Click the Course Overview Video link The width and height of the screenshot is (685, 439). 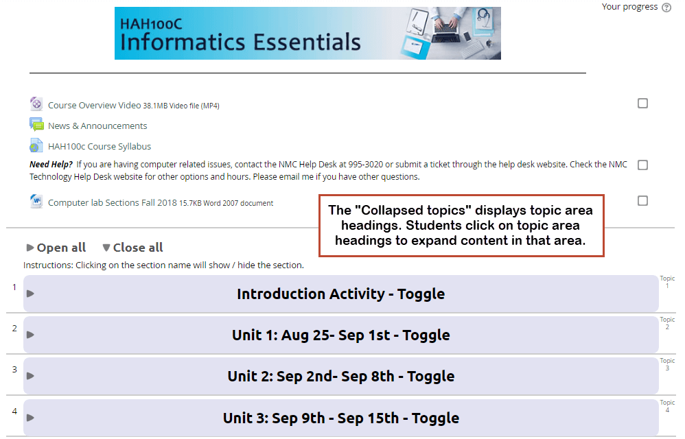pyautogui.click(x=94, y=105)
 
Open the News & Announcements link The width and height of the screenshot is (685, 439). pyautogui.click(x=97, y=126)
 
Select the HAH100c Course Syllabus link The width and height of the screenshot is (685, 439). pyautogui.click(x=100, y=146)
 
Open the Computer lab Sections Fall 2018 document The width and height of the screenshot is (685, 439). pyautogui.click(x=113, y=202)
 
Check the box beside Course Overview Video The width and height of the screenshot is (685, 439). pyautogui.click(x=642, y=104)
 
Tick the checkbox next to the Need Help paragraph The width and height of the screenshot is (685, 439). pyautogui.click(x=642, y=165)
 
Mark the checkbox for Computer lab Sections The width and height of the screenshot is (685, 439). pyautogui.click(x=642, y=201)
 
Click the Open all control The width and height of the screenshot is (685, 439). pyautogui.click(x=56, y=248)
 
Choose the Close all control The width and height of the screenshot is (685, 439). pyautogui.click(x=132, y=248)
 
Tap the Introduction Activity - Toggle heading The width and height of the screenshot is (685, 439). pyautogui.click(x=340, y=294)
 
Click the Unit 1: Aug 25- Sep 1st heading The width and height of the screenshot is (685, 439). pyautogui.click(x=340, y=335)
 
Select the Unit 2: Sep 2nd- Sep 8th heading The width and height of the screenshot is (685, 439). pyautogui.click(x=340, y=376)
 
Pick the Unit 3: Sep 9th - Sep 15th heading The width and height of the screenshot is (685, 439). pyautogui.click(x=340, y=418)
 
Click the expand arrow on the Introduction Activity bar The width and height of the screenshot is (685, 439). pyautogui.click(x=30, y=294)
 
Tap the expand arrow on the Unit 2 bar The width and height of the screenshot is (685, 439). pyautogui.click(x=30, y=376)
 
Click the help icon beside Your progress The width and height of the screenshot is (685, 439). pyautogui.click(x=666, y=8)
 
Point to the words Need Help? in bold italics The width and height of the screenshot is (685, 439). pyautogui.click(x=51, y=165)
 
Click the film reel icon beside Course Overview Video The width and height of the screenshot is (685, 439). pyautogui.click(x=36, y=104)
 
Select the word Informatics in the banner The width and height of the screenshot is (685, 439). pyautogui.click(x=183, y=43)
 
